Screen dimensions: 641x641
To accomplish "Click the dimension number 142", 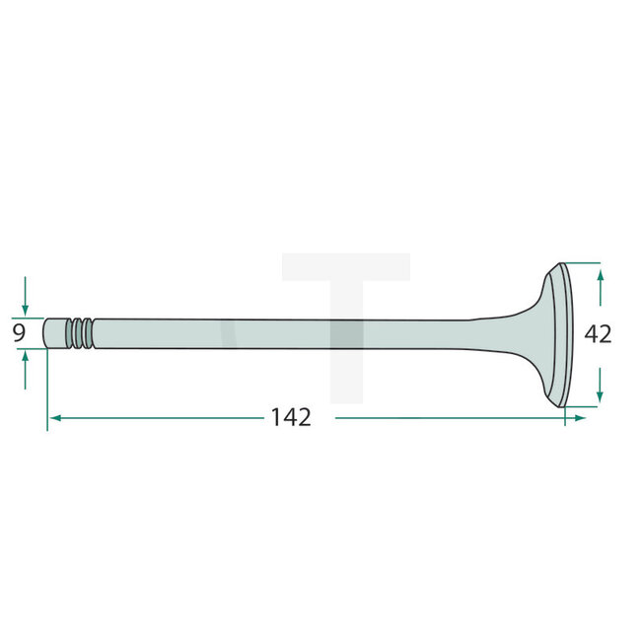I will pos(291,417).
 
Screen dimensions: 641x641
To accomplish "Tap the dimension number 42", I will pos(598,334).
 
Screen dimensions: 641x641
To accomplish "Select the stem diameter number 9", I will pos(19,333).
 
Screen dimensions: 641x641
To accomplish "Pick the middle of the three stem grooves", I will pos(82,332).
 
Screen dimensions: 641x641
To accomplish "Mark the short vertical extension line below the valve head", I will pos(565,416).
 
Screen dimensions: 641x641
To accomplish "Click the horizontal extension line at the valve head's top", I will pos(582,262).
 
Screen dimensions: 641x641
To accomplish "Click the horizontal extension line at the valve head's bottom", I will pos(582,405).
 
